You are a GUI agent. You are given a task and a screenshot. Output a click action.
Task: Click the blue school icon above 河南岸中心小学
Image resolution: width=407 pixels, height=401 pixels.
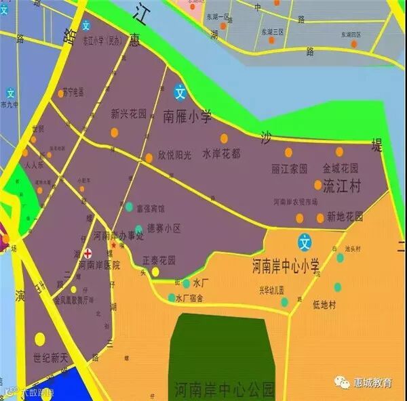click(x=306, y=241)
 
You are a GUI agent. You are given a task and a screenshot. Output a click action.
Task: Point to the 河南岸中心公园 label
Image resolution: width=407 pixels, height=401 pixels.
click(x=224, y=389)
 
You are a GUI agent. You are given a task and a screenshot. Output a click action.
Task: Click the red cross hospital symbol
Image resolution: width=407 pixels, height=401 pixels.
click(x=87, y=253)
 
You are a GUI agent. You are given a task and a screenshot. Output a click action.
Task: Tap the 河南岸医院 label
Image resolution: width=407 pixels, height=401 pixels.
click(x=99, y=265)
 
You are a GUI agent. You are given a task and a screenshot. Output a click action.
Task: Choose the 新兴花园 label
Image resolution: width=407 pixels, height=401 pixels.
click(x=129, y=114)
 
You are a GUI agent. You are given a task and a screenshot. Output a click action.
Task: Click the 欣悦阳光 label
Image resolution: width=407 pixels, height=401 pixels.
click(x=176, y=154)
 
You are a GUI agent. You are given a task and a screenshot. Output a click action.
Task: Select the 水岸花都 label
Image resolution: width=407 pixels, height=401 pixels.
click(x=221, y=154)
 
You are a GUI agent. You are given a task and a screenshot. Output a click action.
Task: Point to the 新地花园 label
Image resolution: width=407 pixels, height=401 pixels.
click(x=345, y=217)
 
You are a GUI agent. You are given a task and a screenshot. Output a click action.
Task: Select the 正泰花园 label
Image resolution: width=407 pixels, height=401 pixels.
click(x=159, y=260)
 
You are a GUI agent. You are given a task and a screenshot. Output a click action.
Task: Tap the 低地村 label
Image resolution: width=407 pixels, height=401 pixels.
click(x=324, y=305)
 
